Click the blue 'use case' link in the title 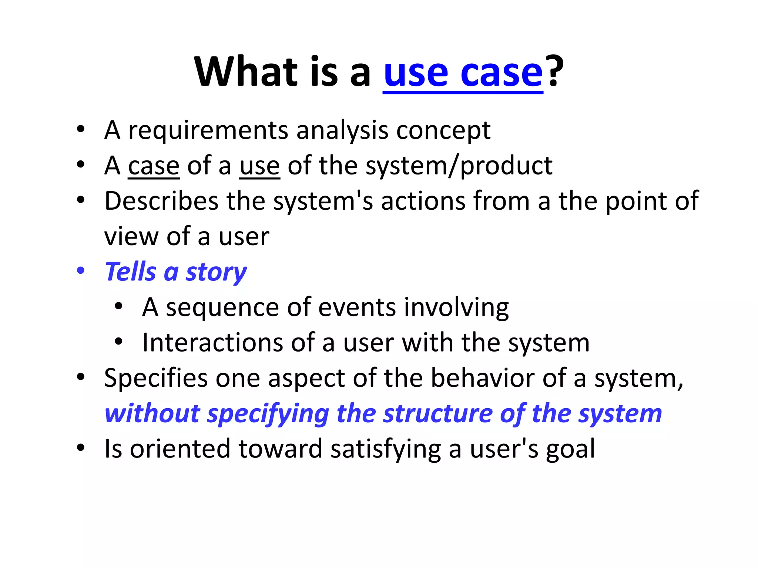coord(463,72)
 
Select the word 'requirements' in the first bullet coord(208,131)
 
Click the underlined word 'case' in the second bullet coord(154,166)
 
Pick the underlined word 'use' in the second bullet coord(259,166)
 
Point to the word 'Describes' coord(161,201)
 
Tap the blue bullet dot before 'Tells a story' coord(81,270)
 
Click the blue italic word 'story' coord(216,272)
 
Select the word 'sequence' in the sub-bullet coord(222,307)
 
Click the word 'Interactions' coord(212,343)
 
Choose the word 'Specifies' coord(156,379)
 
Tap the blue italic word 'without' coord(152,413)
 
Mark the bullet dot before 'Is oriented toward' coord(81,448)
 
